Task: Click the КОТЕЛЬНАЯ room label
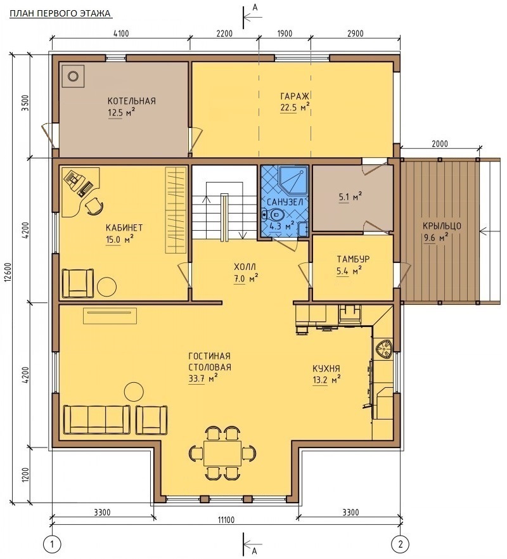132,101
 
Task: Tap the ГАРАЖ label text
295,96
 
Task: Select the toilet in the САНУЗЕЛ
274,215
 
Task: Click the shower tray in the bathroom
292,179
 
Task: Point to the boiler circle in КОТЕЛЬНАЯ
73,75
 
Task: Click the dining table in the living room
222,453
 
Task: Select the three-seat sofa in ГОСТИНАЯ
96,420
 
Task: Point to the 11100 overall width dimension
226,520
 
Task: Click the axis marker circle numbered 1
53,544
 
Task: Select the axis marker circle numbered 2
401,544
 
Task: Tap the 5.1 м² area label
350,196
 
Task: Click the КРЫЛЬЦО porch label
442,226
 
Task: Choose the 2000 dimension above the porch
440,144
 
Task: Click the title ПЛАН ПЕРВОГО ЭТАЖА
60,13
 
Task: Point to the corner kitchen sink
383,349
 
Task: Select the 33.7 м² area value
203,378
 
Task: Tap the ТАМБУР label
353,259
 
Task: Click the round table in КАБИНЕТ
106,286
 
